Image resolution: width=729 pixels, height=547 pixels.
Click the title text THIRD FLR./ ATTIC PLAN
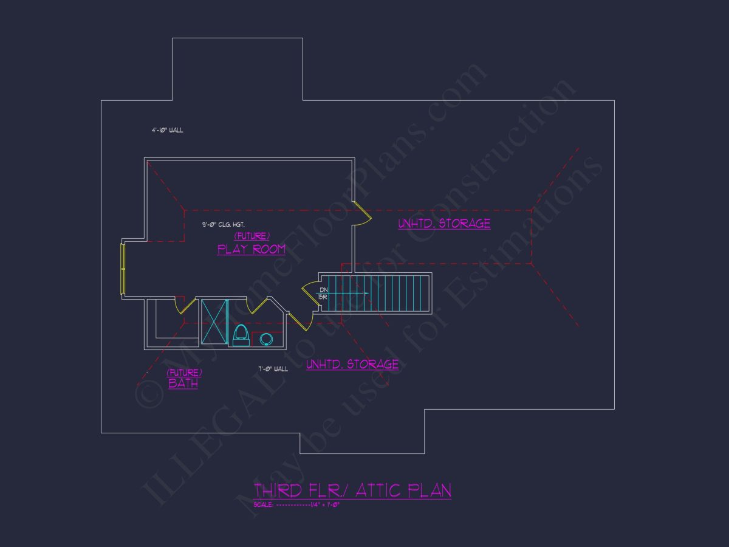(352, 490)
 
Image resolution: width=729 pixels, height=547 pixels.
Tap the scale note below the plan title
(296, 504)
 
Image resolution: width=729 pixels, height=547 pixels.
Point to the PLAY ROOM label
(252, 249)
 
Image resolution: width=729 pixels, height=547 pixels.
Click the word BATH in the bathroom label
(183, 384)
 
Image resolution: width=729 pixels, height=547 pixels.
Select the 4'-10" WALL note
(167, 130)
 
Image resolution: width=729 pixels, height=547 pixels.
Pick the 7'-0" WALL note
(273, 369)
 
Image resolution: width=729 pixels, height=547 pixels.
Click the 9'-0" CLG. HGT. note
(224, 225)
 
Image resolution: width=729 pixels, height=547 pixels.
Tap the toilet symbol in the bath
(241, 335)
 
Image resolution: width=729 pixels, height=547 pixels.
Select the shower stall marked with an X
(214, 322)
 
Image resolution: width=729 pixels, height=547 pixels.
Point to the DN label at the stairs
(324, 290)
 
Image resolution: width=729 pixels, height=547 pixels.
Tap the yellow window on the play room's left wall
(123, 268)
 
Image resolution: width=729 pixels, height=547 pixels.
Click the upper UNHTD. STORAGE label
(444, 224)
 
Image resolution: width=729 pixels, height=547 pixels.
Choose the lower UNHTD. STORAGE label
(352, 365)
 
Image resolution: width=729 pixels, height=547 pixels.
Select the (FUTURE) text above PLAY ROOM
(252, 236)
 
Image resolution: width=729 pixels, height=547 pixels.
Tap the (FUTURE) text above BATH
(185, 373)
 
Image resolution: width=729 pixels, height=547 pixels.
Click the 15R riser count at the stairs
(323, 297)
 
